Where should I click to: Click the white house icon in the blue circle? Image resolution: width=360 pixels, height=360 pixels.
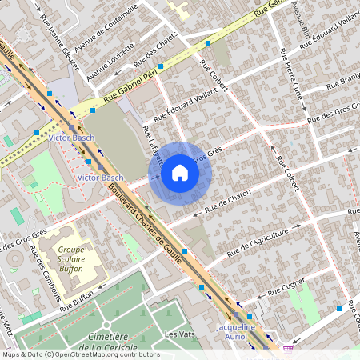point(180,173)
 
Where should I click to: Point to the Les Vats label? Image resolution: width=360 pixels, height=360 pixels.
point(181,333)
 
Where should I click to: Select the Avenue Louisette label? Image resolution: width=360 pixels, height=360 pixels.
point(110,63)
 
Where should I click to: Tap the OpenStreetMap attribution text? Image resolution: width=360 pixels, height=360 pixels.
point(80,354)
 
